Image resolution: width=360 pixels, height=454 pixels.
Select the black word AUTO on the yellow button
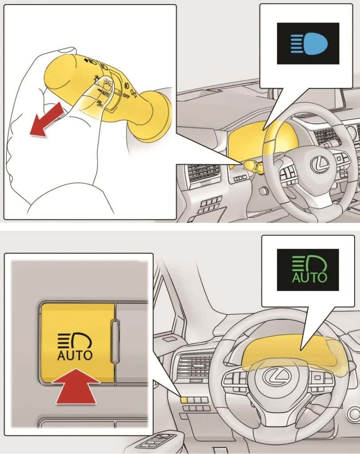[75, 355]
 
